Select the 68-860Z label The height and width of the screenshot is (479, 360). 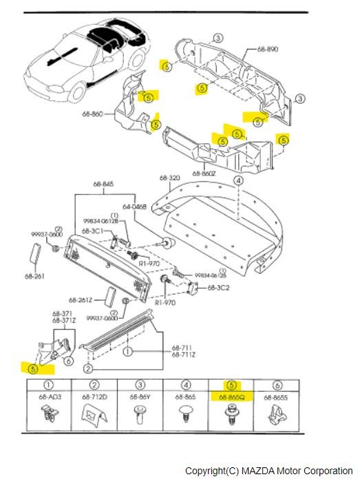click(x=205, y=173)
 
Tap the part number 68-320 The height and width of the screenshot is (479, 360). click(x=170, y=178)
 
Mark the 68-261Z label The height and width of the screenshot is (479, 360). click(x=81, y=299)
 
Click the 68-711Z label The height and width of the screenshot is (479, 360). click(x=183, y=354)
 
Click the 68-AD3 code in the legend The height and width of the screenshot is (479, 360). click(x=49, y=396)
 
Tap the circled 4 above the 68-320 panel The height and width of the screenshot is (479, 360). click(x=237, y=180)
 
